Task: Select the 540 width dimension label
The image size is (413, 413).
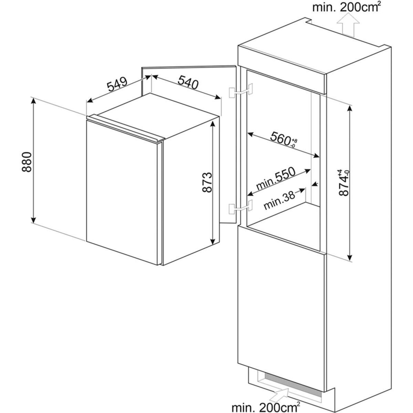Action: tap(188, 84)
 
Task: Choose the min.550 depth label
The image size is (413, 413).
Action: tap(276, 178)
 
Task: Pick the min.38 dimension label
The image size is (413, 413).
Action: tap(279, 201)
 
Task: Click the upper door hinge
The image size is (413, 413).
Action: tap(240, 91)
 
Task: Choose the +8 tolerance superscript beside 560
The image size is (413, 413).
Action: tap(294, 140)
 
